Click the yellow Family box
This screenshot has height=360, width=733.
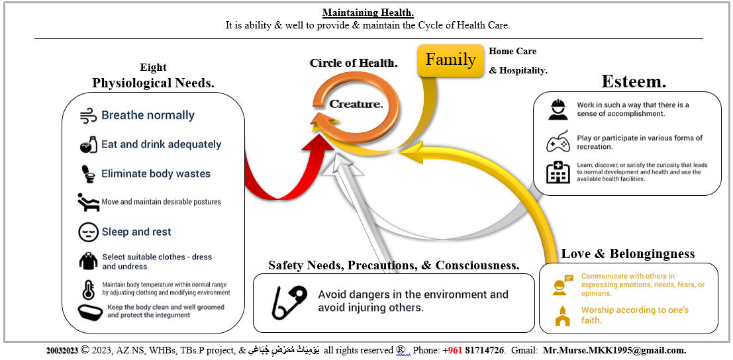(x=451, y=60)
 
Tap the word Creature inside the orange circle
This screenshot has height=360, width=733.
(x=356, y=104)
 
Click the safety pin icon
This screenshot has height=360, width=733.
(x=289, y=302)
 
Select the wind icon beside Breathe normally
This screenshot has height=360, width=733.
(x=88, y=116)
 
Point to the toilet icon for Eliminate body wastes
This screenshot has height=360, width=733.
(x=88, y=173)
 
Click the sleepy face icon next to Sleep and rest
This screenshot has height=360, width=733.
(x=88, y=232)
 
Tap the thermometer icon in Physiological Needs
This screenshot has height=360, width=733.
(x=88, y=290)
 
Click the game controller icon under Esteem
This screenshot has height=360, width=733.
(x=558, y=142)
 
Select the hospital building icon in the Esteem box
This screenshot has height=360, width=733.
(x=558, y=173)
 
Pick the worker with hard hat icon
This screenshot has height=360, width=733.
(x=558, y=109)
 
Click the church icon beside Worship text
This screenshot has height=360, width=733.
(x=563, y=316)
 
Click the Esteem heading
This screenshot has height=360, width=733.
(x=633, y=81)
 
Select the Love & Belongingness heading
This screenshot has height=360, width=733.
(x=628, y=253)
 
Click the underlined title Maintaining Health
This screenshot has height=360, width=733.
(x=367, y=13)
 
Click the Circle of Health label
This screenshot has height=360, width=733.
(x=354, y=64)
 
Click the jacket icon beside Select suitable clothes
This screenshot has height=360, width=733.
(x=88, y=261)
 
